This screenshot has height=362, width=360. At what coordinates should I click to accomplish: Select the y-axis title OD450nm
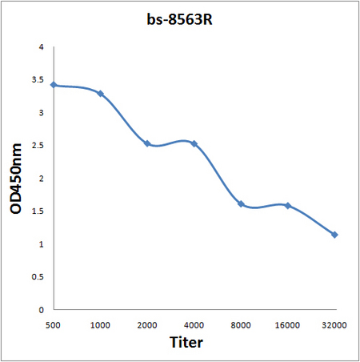16,178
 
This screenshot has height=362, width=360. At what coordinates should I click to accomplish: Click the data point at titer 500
54,85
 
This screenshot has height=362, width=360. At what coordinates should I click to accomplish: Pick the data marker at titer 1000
100,94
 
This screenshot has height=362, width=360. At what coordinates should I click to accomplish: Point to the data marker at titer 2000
147,143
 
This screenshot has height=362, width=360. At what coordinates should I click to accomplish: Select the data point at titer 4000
194,143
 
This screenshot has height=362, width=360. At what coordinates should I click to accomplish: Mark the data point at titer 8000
241,203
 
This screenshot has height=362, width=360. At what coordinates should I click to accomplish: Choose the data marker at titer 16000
287,206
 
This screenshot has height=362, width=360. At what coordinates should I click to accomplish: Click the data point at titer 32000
334,235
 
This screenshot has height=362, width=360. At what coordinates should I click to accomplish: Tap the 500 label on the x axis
54,325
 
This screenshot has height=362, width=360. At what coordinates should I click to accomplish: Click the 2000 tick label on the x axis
147,325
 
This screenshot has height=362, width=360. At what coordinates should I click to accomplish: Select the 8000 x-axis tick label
241,325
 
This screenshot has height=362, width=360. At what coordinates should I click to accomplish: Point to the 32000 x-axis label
334,325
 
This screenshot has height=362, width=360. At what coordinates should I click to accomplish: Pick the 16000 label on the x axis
287,325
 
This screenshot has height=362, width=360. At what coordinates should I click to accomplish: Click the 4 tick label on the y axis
41,47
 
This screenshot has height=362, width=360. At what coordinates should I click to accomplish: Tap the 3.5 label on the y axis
38,80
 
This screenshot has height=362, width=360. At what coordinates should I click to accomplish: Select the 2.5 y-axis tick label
38,146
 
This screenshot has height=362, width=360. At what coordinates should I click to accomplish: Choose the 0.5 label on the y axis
38,276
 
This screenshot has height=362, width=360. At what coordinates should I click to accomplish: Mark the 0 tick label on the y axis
41,309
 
